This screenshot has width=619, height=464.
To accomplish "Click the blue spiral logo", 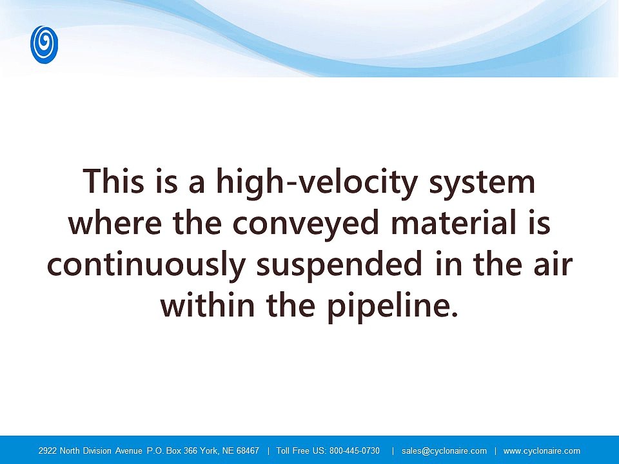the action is pyautogui.click(x=44, y=44).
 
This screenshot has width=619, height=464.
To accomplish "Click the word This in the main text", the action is pyautogui.click(x=113, y=181).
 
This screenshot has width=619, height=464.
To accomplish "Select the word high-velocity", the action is pyautogui.click(x=317, y=183).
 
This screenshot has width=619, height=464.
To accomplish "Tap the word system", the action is pyautogui.click(x=482, y=184).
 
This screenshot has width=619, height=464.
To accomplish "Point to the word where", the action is pyautogui.click(x=115, y=222).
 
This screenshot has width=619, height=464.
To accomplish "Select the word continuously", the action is pyautogui.click(x=146, y=266).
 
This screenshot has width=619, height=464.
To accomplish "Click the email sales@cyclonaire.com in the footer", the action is pyautogui.click(x=444, y=450).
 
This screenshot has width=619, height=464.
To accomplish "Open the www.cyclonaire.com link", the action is pyautogui.click(x=542, y=450).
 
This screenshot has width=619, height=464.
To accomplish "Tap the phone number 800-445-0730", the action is pyautogui.click(x=355, y=450).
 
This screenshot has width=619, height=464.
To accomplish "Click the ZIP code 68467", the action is pyautogui.click(x=248, y=450).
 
